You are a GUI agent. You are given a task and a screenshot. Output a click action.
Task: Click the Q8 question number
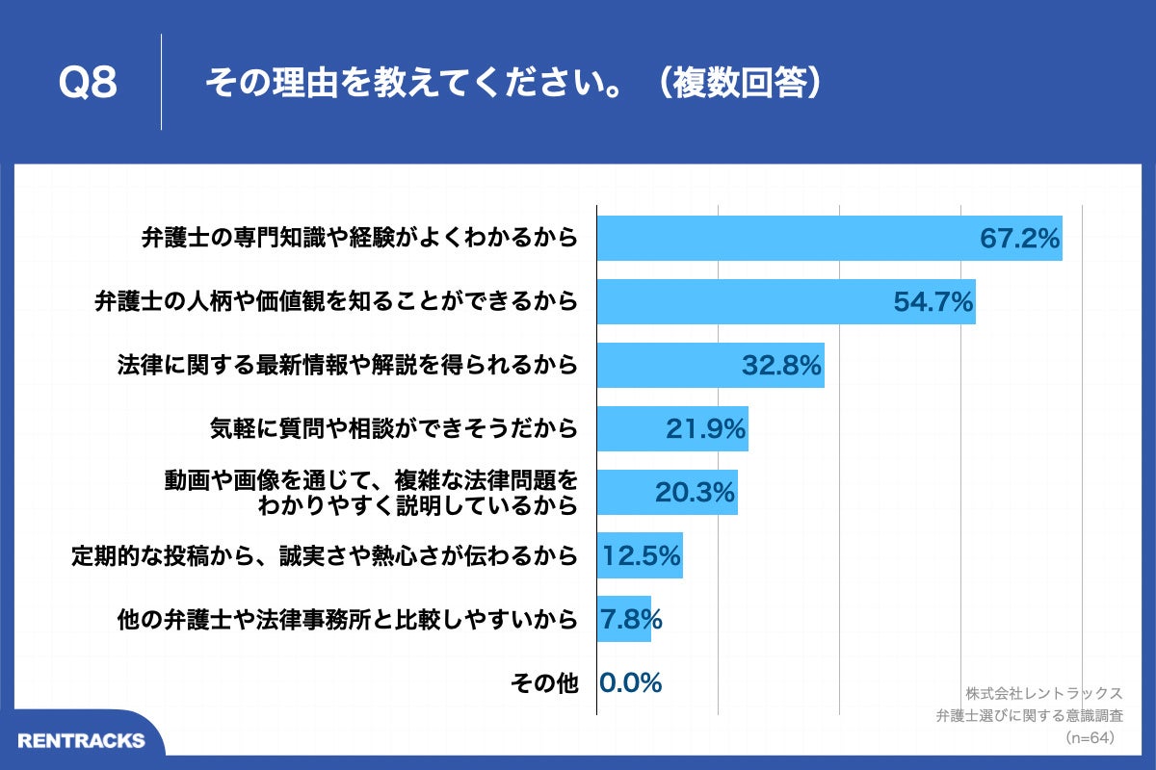tap(88, 84)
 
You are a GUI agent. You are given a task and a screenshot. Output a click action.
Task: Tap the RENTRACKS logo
tap(81, 740)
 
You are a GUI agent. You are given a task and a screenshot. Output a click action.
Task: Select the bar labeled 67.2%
tap(828, 238)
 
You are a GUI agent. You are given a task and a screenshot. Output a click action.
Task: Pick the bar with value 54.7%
tap(785, 301)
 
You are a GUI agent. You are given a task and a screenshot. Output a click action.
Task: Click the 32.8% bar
tap(710, 365)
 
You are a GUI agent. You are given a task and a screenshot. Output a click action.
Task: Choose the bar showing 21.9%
tap(671, 428)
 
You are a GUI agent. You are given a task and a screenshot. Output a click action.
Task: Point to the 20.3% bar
tap(667, 492)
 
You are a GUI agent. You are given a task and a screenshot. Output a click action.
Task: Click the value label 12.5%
tap(642, 555)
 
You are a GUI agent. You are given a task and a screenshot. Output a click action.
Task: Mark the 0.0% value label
tap(630, 682)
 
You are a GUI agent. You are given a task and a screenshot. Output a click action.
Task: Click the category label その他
tap(543, 683)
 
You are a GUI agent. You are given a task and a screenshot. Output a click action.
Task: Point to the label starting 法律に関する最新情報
tap(347, 365)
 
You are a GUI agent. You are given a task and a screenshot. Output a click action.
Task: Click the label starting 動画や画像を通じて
tap(372, 492)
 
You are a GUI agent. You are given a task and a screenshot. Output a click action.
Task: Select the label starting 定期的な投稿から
tap(325, 555)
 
